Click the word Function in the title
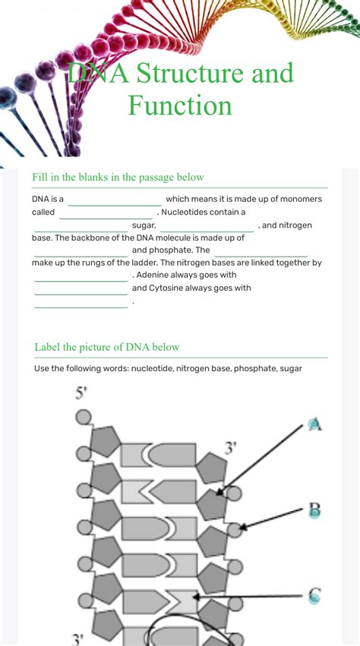click(180, 105)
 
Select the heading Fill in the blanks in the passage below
click(118, 177)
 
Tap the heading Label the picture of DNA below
click(107, 347)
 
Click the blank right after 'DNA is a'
click(115, 200)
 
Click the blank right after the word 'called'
click(106, 213)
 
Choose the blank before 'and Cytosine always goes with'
click(81, 289)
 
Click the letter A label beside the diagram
click(315, 424)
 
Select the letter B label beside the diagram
click(315, 510)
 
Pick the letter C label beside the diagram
click(315, 596)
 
